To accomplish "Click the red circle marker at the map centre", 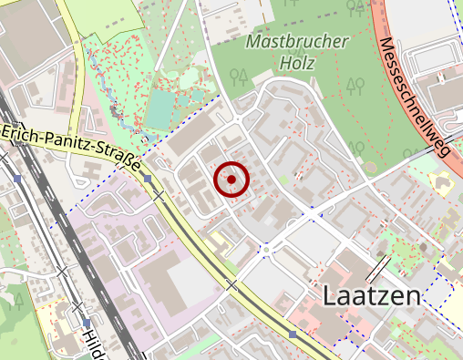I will pyautogui.click(x=231, y=180).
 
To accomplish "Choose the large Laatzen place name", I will pyautogui.click(x=372, y=296).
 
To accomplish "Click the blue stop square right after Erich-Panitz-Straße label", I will pyautogui.click(x=149, y=179).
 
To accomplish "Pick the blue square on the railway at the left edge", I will pyautogui.click(x=17, y=180).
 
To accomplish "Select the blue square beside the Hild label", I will pyautogui.click(x=87, y=322).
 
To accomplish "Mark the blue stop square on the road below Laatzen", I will pyautogui.click(x=293, y=334).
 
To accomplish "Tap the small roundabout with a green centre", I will pyautogui.click(x=266, y=248).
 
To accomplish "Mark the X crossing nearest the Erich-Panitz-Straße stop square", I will pyautogui.click(x=159, y=195).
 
